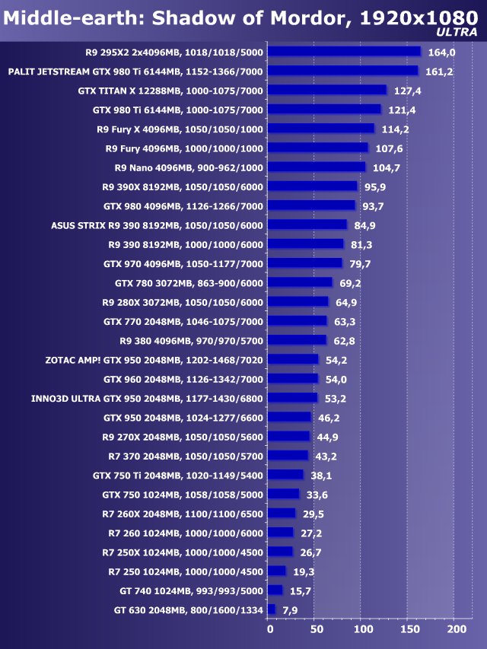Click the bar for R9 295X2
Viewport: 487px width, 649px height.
(x=344, y=52)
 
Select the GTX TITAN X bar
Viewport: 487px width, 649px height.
(x=327, y=91)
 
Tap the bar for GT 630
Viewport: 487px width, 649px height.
(x=272, y=609)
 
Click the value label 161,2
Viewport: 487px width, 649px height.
(x=438, y=72)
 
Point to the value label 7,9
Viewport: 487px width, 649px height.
(x=290, y=610)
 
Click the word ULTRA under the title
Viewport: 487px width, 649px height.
(x=458, y=33)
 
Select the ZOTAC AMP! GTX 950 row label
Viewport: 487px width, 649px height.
(x=154, y=360)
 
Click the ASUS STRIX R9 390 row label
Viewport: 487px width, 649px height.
(x=157, y=225)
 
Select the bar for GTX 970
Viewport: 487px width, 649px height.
(x=305, y=263)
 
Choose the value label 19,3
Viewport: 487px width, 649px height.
(x=304, y=571)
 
